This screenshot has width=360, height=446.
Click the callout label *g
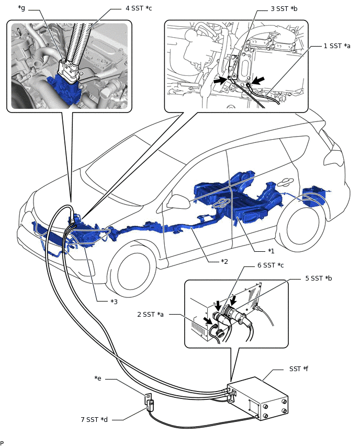tap(22, 8)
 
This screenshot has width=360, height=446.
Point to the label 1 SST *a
tap(337, 46)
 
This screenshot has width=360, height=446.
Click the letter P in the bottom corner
tap(2, 443)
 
